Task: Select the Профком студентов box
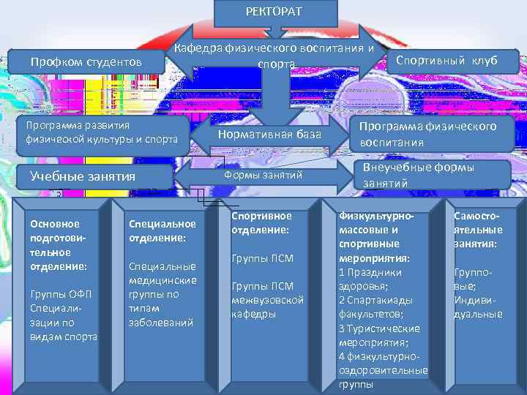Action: coord(86,62)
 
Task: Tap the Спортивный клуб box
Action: coord(446,61)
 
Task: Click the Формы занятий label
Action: coord(263,176)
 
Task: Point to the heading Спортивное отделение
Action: coord(261,222)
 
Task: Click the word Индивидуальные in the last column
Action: coord(478,307)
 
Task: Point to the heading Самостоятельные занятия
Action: coord(478,229)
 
